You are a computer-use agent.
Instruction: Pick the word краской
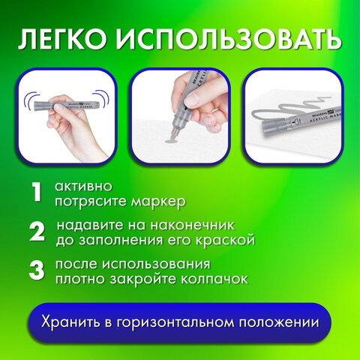226,241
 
